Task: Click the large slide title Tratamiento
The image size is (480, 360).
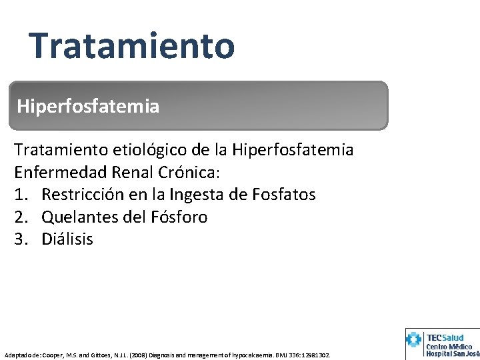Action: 131,45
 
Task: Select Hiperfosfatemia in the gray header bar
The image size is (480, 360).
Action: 88,106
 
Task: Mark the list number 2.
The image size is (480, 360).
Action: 20,217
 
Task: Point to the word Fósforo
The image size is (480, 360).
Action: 177,217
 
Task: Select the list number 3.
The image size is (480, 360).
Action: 20,239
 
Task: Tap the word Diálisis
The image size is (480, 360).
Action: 67,239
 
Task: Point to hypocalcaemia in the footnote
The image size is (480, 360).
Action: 246,355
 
